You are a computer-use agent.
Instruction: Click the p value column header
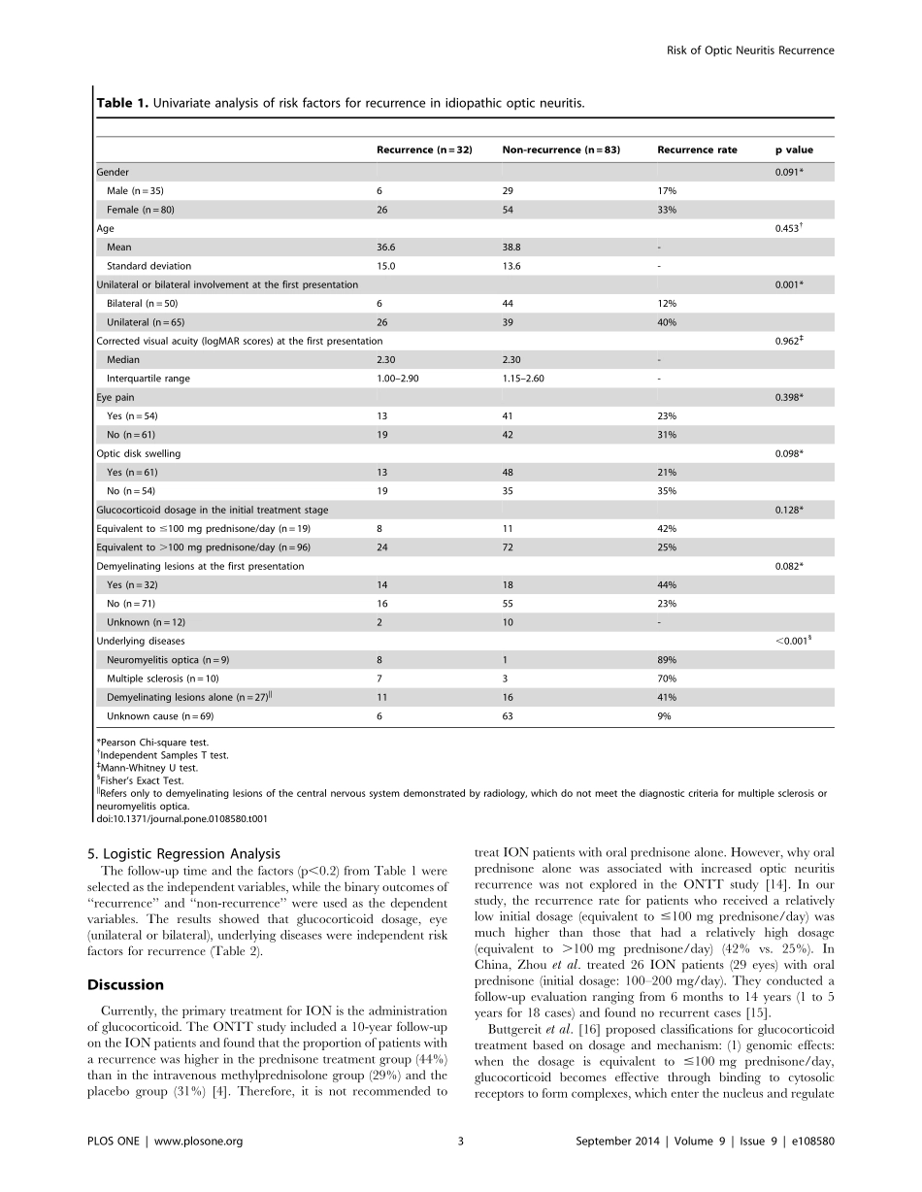click(793, 149)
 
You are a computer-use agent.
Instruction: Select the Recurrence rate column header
click(697, 149)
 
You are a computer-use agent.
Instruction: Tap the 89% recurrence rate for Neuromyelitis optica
click(667, 660)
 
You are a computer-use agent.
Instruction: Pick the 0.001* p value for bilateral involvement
click(789, 284)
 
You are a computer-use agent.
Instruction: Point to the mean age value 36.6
click(388, 248)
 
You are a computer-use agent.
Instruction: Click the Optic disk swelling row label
click(138, 453)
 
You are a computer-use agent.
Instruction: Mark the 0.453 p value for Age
click(789, 228)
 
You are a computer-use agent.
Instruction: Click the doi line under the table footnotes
click(181, 818)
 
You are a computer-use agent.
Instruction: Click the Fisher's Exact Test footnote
click(140, 779)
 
